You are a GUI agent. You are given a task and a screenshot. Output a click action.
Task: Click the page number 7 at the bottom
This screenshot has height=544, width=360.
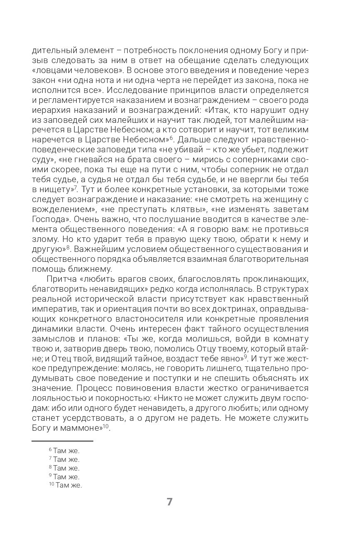pos(169,502)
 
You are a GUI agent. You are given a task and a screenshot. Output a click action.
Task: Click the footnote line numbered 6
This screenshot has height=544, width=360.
pos(64,451)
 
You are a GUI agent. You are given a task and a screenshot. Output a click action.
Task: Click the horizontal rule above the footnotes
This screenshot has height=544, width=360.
pos(63,441)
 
